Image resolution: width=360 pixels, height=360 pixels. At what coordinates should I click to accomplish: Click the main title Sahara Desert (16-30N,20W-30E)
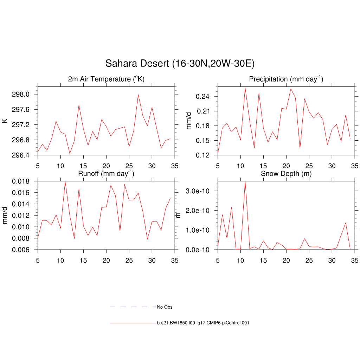(180, 64)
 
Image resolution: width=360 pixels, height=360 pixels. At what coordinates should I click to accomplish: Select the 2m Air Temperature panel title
(106, 79)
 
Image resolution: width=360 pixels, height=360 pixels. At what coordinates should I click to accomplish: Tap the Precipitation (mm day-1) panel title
(286, 79)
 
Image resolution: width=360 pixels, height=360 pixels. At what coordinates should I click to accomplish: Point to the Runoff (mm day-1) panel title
(106, 174)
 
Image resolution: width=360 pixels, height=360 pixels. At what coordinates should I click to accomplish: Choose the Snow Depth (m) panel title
(286, 174)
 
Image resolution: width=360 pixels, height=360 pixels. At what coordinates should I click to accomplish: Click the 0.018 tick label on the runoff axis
(20, 181)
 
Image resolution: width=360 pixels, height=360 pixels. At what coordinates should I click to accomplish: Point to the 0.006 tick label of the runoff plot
(20, 250)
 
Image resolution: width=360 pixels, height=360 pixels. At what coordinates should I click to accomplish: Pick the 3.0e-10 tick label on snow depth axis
(200, 191)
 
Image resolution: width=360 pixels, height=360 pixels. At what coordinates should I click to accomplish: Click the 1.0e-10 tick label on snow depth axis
(200, 230)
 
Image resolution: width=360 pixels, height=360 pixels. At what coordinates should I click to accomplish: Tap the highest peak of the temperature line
(138, 95)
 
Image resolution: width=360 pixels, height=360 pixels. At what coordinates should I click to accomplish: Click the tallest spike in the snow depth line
(245, 182)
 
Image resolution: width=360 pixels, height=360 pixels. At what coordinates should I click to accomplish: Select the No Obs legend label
(165, 307)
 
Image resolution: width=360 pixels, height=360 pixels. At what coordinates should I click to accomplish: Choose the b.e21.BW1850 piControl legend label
(203, 323)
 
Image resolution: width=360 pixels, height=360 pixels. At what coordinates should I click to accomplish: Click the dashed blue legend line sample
(133, 307)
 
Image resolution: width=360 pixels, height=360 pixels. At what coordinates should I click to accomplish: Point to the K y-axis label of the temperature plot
(5, 121)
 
